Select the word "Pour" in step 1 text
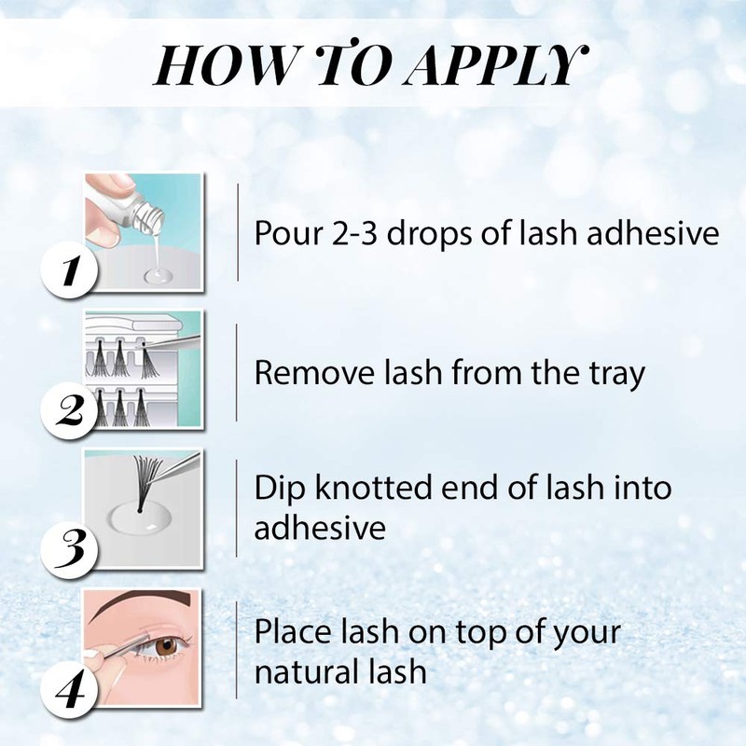pos(283,234)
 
